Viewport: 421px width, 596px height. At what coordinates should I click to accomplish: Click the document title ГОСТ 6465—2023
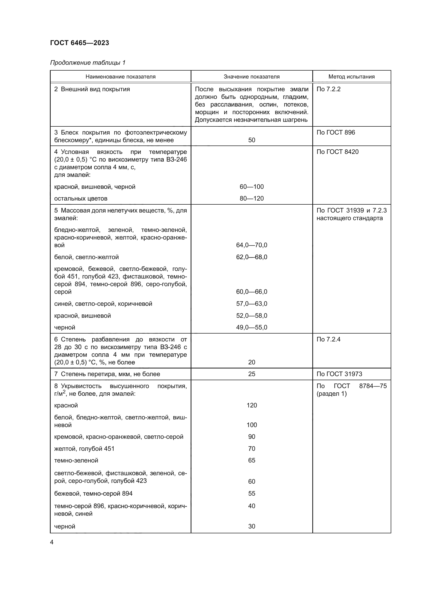[x=79, y=43]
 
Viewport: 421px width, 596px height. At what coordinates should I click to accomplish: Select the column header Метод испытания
[x=351, y=77]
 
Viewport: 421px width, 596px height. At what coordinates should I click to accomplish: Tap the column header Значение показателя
[x=251, y=77]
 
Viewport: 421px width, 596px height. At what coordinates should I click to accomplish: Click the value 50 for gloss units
[x=251, y=140]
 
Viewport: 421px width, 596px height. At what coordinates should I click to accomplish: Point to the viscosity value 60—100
[x=251, y=187]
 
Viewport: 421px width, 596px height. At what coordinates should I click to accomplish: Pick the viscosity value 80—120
[x=251, y=198]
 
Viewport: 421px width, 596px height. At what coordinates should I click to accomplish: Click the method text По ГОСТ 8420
[x=337, y=152]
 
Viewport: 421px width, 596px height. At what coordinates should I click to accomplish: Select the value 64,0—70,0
[x=251, y=245]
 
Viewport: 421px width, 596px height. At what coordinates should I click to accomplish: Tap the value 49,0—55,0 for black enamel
[x=251, y=327]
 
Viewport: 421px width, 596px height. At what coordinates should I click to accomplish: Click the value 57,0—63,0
[x=251, y=304]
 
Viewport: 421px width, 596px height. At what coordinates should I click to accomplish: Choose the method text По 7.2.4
[x=328, y=339]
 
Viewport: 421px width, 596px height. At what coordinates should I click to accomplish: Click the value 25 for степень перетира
[x=251, y=374]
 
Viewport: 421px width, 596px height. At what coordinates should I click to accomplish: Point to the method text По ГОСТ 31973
[x=339, y=374]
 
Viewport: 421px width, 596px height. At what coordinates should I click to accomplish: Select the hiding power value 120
[x=251, y=405]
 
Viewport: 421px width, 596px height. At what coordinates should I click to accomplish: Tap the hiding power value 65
[x=251, y=460]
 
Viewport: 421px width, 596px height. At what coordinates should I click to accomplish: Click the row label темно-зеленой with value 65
[x=76, y=461]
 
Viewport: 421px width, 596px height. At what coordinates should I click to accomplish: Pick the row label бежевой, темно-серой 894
[x=93, y=494]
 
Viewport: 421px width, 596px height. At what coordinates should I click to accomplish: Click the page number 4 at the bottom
[x=52, y=542]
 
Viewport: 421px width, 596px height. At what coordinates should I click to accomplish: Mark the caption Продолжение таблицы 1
[x=88, y=63]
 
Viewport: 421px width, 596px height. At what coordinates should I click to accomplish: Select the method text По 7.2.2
[x=328, y=89]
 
